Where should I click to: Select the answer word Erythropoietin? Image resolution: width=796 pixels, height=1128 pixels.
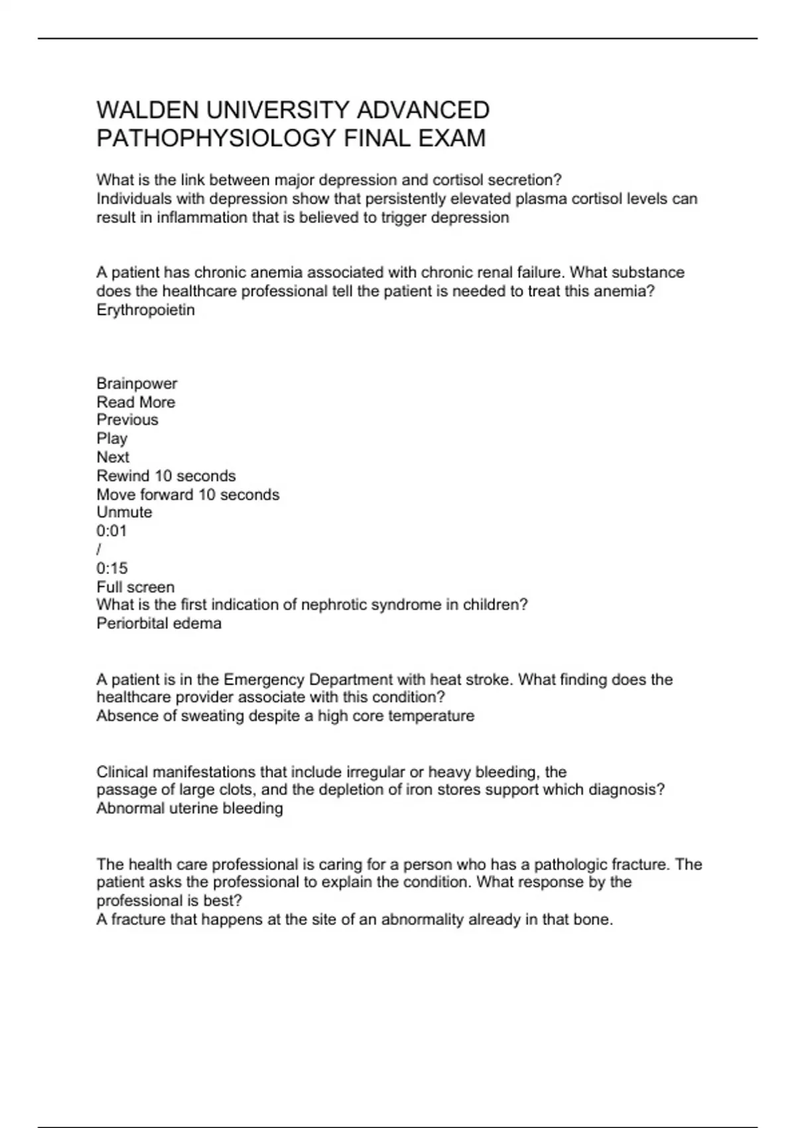[145, 310]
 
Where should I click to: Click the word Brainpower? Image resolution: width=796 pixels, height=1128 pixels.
[137, 384]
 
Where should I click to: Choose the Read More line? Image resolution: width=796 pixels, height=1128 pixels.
[136, 402]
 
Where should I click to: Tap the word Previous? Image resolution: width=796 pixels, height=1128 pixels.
[127, 420]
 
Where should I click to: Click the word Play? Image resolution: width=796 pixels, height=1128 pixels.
[111, 439]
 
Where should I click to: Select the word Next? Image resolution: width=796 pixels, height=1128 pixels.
[113, 457]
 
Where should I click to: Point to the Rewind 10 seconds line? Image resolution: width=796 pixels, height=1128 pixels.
[166, 476]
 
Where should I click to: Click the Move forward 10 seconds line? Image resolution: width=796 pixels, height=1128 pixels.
[188, 494]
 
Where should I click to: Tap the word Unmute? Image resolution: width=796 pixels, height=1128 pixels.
[124, 512]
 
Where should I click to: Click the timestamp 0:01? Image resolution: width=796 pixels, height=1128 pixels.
[111, 531]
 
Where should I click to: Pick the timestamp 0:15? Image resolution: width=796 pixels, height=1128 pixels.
[111, 568]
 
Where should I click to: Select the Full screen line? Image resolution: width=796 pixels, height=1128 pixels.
[135, 587]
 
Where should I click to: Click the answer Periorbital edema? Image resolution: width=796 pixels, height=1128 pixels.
[159, 623]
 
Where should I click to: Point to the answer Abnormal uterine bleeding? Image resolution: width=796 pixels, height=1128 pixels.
[189, 808]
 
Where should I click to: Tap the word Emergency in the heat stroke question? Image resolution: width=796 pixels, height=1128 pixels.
[264, 679]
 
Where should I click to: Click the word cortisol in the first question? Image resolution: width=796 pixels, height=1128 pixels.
[458, 180]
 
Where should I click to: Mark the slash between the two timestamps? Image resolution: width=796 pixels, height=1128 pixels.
[99, 549]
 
